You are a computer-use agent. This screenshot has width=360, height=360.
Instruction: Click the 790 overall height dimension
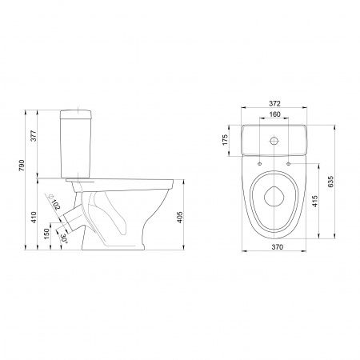22,166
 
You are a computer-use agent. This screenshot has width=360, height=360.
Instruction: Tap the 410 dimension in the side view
34,218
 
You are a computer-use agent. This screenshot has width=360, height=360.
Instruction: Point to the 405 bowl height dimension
180,218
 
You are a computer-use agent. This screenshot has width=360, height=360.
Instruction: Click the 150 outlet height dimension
46,234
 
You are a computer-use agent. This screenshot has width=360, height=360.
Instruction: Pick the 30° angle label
64,238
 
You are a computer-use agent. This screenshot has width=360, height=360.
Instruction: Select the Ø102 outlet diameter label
54,202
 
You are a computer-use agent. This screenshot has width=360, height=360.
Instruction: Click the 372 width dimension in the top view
274,103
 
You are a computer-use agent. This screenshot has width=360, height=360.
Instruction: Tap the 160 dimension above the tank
274,114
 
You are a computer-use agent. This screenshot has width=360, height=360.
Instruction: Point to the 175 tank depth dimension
225,140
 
